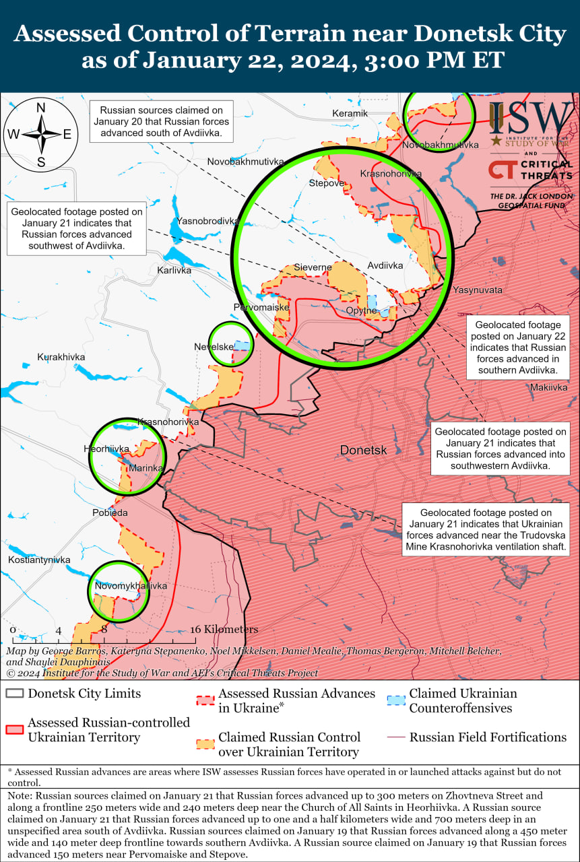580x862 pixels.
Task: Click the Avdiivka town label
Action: pyautogui.click(x=385, y=265)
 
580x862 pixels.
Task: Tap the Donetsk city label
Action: pyautogui.click(x=363, y=450)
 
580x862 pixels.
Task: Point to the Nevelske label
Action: pyautogui.click(x=214, y=346)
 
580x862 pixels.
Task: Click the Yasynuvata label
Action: pyautogui.click(x=478, y=290)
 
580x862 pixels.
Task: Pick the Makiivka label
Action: pyautogui.click(x=548, y=387)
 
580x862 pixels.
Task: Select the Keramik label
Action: pyautogui.click(x=350, y=113)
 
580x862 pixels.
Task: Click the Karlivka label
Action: pyautogui.click(x=174, y=270)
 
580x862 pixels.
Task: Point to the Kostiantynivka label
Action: pyautogui.click(x=39, y=560)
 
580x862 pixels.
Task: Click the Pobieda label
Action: pyautogui.click(x=110, y=512)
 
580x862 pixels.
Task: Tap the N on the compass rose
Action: pyautogui.click(x=40, y=108)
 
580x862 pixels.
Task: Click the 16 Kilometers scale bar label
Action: pyautogui.click(x=224, y=629)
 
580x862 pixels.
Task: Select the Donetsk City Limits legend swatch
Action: pyautogui.click(x=15, y=694)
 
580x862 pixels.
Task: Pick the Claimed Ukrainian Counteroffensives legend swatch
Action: pyautogui.click(x=397, y=700)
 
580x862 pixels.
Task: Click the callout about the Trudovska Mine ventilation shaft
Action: pyautogui.click(x=486, y=529)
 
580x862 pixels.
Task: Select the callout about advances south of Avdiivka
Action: pyautogui.click(x=162, y=121)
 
